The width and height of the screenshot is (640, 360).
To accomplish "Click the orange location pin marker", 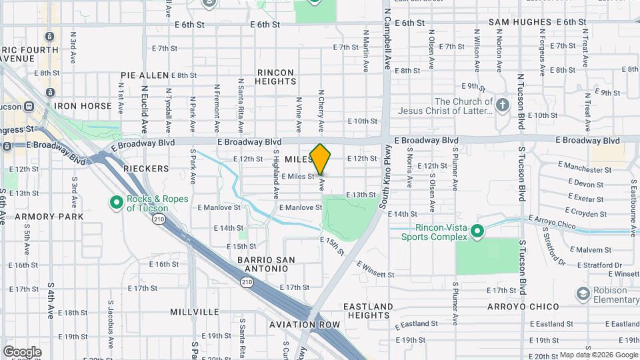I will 321,159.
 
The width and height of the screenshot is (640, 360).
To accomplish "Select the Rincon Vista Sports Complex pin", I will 477,232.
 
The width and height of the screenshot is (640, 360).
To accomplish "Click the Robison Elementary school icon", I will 584,293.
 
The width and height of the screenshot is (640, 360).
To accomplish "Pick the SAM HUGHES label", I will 520,22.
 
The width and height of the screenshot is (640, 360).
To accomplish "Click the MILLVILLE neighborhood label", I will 195,311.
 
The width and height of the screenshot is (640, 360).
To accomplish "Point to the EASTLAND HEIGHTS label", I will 368,311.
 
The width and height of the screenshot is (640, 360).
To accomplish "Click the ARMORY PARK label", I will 49,217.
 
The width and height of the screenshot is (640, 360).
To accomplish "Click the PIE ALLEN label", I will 145,75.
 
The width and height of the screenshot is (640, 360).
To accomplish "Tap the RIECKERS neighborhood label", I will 146,169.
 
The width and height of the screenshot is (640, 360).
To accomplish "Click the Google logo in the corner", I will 22,351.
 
